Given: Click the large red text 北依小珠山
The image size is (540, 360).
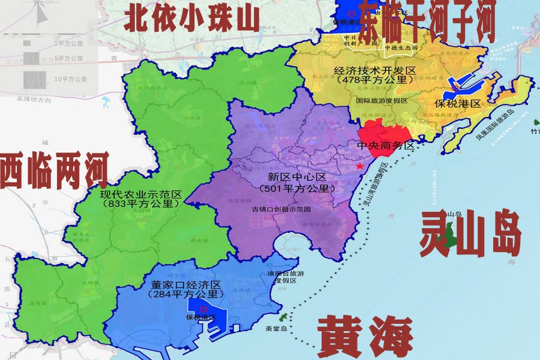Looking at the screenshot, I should pos(191,17).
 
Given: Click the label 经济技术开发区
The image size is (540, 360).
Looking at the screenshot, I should pos(376,71).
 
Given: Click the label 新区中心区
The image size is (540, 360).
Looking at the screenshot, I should pos(296,178).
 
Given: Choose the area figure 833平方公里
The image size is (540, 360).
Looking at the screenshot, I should pos(142,204).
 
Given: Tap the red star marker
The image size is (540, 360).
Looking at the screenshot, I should pos(359,166).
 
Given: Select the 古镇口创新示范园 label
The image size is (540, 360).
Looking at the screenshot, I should pos(281,209).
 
